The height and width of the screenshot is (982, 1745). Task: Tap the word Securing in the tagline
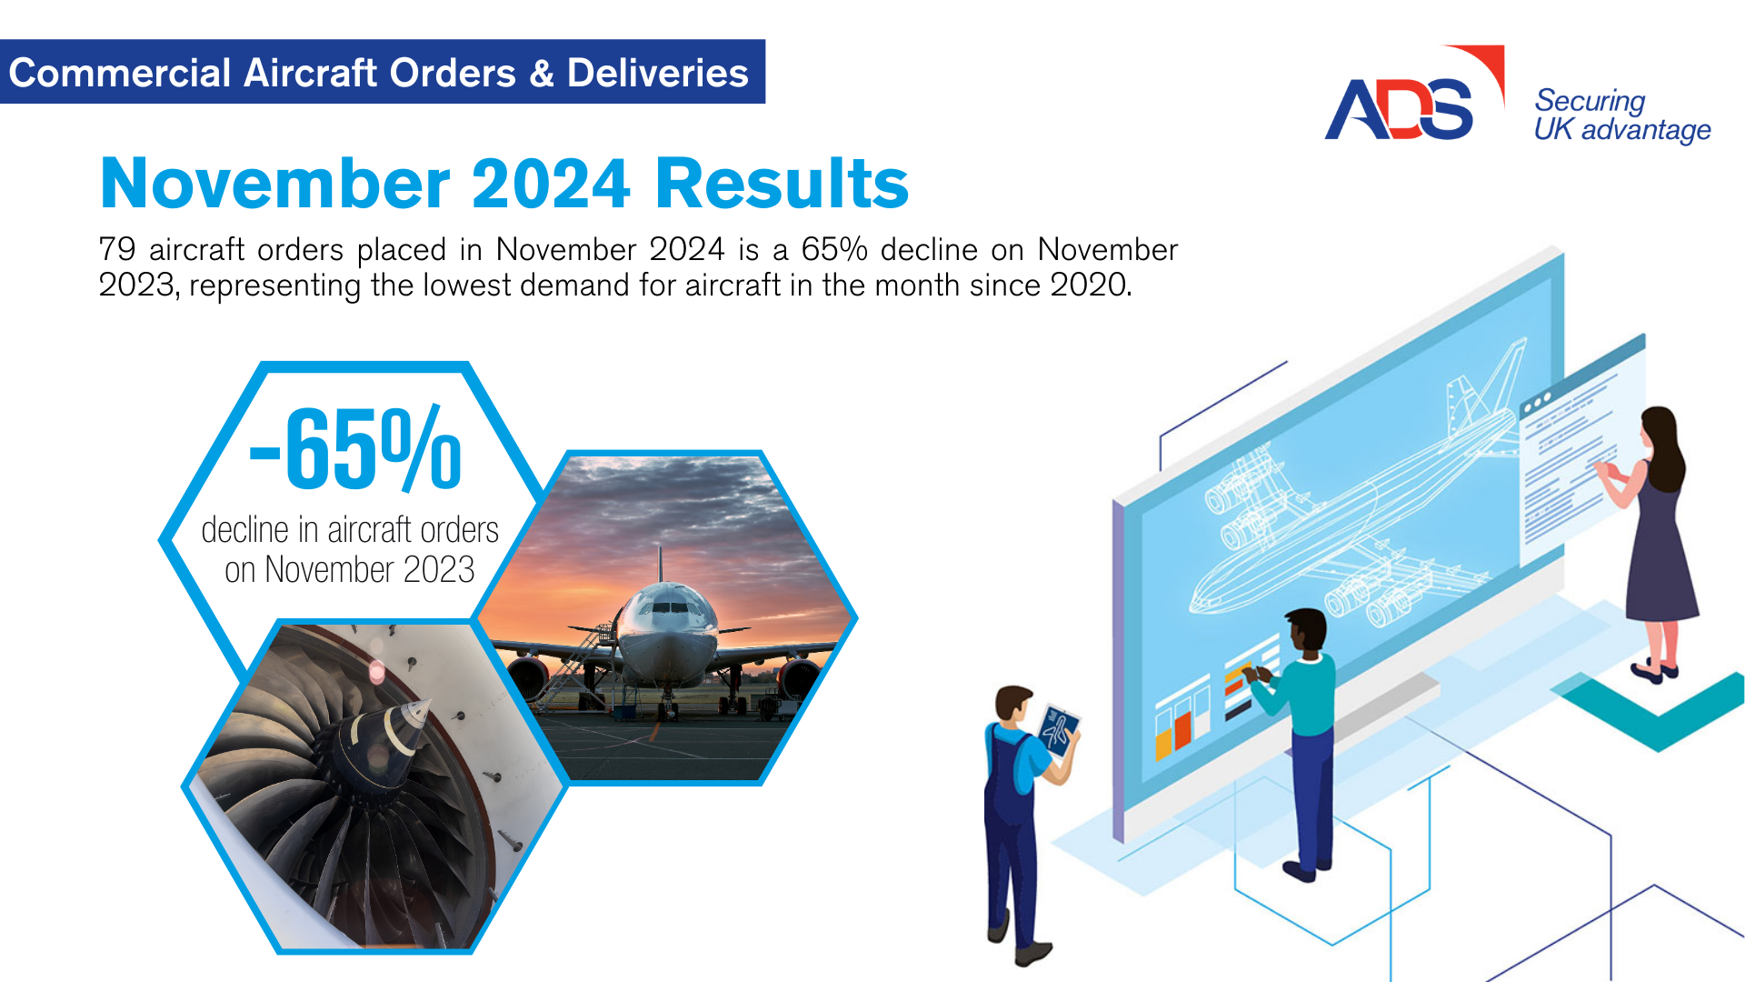[x=1590, y=101]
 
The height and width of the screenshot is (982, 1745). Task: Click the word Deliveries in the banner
[x=657, y=73]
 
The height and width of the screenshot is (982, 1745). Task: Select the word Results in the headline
[x=781, y=184]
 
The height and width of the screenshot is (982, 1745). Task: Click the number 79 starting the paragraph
[x=117, y=249]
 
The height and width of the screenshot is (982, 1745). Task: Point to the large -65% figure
[x=355, y=449]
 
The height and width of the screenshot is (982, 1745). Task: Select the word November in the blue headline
[x=274, y=184]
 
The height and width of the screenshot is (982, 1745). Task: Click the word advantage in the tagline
[x=1646, y=131]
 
